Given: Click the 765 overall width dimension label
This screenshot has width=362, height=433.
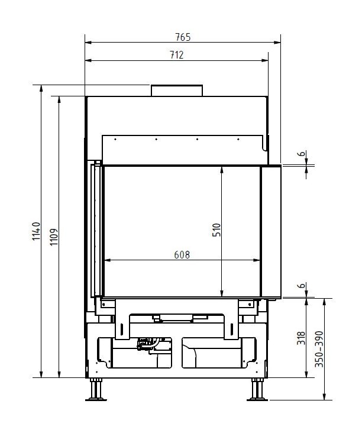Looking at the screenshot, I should (x=183, y=37).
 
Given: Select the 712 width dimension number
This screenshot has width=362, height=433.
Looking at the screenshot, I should (x=176, y=55).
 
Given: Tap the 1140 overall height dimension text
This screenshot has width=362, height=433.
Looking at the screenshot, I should (x=35, y=234).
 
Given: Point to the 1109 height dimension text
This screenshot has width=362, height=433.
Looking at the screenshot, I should (x=54, y=237).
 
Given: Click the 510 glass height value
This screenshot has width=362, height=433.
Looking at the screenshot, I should (x=216, y=230).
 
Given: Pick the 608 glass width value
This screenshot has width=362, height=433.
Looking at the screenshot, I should (x=182, y=255).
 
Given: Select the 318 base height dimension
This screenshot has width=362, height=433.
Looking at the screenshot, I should (x=301, y=337).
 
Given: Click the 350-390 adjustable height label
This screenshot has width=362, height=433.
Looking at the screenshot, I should (x=320, y=348).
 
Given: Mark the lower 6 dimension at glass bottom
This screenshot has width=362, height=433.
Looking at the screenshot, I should (x=302, y=287).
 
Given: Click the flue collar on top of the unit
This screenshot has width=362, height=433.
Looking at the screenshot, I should (x=177, y=91).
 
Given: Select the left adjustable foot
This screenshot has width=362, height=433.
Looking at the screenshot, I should (x=95, y=390).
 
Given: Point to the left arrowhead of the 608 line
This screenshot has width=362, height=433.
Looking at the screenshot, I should (x=107, y=260).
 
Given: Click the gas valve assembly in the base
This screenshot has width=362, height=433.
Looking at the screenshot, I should (x=146, y=344).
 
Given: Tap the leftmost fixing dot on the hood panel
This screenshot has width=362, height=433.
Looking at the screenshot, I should (x=115, y=140).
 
